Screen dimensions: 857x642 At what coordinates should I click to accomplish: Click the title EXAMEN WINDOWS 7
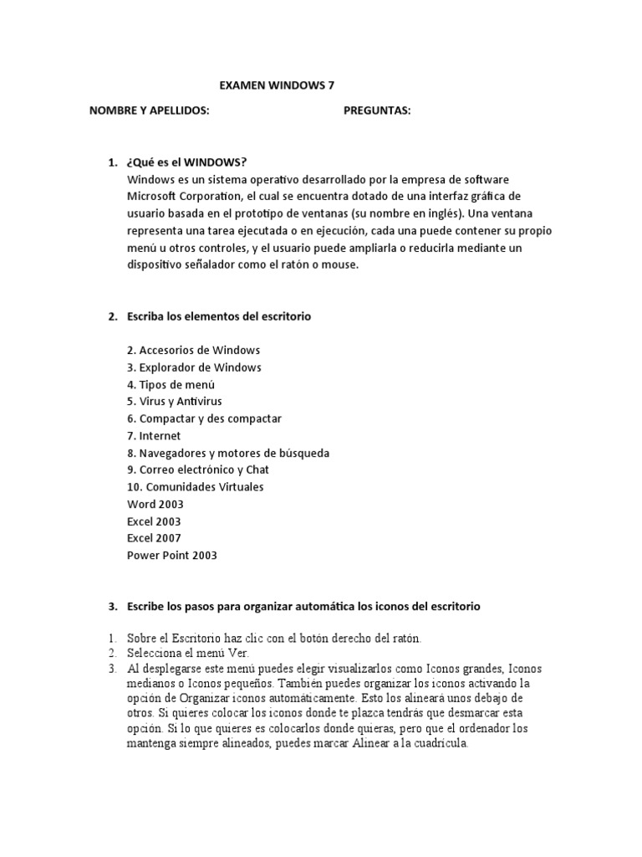[281, 85]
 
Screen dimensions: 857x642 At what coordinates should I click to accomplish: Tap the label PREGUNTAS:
[377, 110]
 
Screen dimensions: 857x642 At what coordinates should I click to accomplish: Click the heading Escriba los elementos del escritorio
[219, 316]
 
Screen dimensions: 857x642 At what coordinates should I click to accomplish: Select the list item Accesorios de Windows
[194, 350]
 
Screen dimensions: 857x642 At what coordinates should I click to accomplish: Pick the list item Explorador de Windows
[194, 367]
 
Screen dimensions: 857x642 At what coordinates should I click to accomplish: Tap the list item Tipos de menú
[171, 384]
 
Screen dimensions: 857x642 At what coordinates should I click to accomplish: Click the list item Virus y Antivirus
[175, 402]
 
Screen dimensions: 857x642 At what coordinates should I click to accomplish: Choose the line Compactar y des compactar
[204, 418]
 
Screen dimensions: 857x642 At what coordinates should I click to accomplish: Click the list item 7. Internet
[154, 436]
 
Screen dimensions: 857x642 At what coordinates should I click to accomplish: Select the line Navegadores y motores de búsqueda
[228, 453]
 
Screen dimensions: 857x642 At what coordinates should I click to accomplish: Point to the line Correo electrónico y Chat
[198, 470]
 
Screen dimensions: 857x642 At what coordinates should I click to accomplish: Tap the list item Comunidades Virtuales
[195, 487]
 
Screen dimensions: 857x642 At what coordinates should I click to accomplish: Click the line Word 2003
[155, 504]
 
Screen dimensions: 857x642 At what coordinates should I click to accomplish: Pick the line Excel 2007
[154, 538]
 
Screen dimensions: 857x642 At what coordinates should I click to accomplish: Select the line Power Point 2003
[172, 555]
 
